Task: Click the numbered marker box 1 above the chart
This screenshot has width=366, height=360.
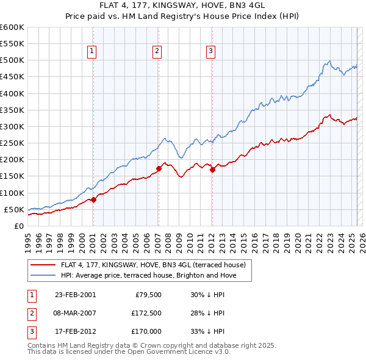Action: coord(92,52)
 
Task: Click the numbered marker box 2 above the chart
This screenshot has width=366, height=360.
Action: coord(157,52)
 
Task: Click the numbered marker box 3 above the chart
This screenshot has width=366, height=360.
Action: coord(210,52)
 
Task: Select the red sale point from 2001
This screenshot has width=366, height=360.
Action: coord(93,200)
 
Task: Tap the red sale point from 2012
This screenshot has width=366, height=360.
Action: coord(212,170)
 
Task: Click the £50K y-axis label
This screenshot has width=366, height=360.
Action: coord(14,209)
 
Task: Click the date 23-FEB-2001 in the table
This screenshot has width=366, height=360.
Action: coord(75,295)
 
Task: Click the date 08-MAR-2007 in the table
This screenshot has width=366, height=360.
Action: coord(76,314)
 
